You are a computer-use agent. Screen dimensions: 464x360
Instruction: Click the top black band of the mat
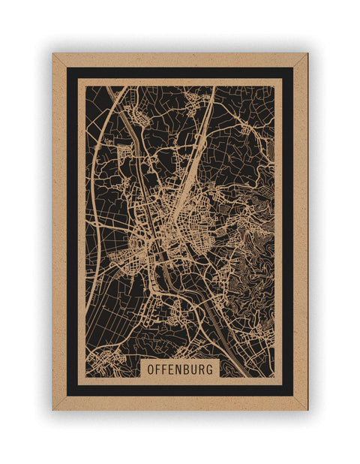pyautogui.click(x=180, y=73)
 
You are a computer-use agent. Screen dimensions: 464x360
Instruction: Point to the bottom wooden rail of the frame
pyautogui.click(x=180, y=403)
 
